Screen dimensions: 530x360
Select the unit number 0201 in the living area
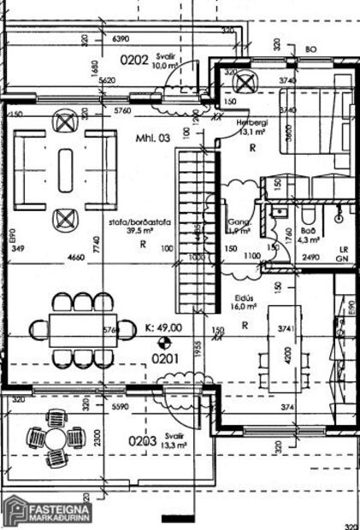click(164, 359)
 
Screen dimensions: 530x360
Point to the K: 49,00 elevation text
click(163, 327)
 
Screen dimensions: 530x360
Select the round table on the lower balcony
click(56, 439)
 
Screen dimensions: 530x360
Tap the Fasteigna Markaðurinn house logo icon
click(15, 510)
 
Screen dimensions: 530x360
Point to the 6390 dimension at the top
click(120, 38)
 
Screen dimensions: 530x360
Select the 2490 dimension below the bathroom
click(310, 256)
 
